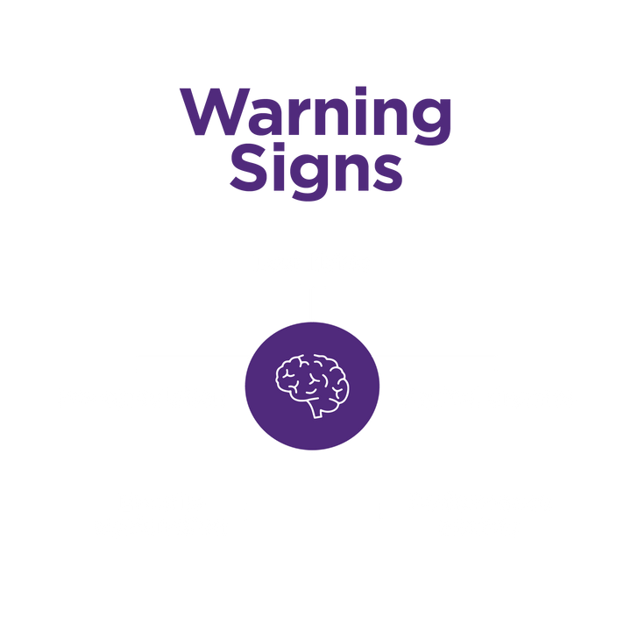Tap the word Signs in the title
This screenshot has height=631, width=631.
coord(315,171)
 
